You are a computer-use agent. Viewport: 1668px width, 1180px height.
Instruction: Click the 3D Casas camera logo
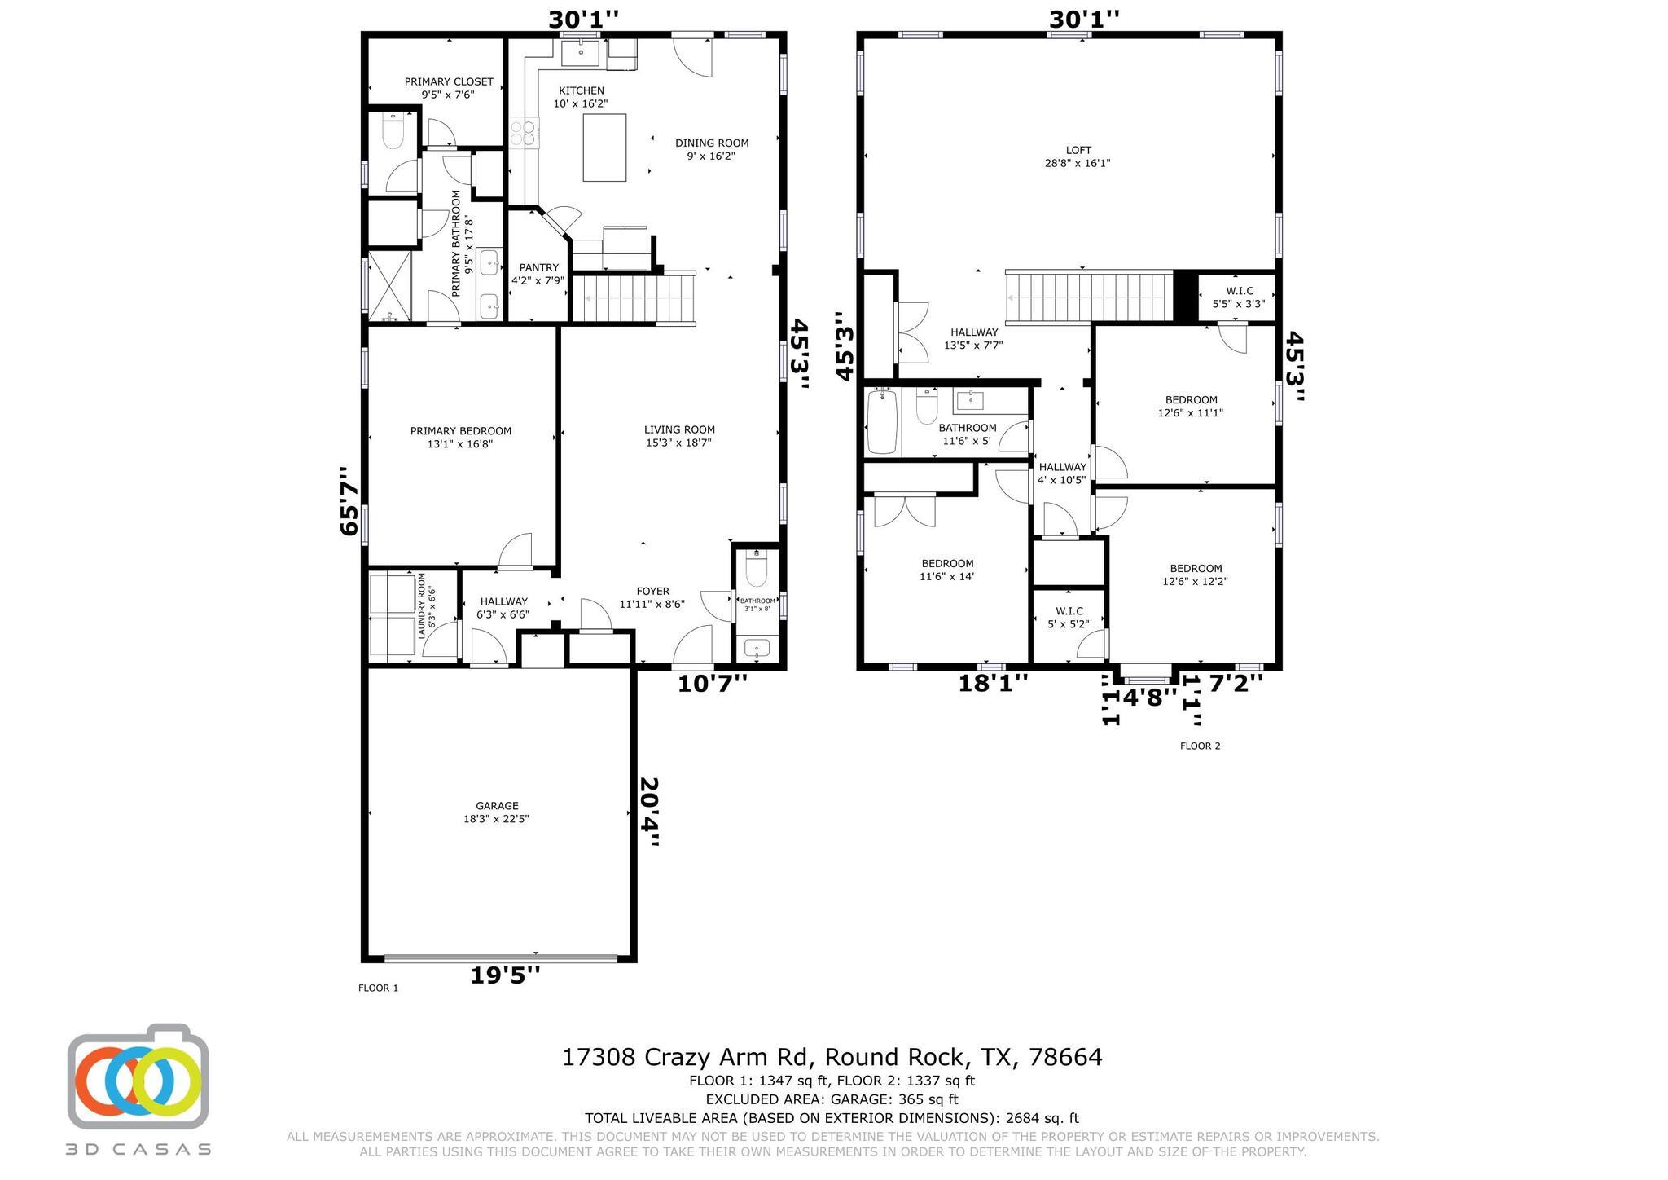(138, 1077)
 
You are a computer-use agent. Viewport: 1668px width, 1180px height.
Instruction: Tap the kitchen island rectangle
(604, 147)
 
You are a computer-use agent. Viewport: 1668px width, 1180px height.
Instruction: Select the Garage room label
(497, 812)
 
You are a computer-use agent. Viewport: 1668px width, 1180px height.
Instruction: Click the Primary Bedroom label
(460, 438)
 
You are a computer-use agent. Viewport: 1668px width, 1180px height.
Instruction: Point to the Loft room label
(1078, 156)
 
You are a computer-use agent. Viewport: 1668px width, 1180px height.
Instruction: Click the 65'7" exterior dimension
(349, 500)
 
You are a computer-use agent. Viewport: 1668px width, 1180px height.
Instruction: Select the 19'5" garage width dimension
(505, 975)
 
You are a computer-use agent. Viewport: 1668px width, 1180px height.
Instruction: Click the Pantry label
(538, 274)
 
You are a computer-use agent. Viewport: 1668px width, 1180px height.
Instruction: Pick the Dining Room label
(711, 149)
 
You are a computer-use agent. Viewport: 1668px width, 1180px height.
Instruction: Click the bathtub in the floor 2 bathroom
(881, 421)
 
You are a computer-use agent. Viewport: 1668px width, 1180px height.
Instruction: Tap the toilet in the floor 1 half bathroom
(756, 570)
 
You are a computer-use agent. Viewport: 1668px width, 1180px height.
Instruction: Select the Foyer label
(652, 597)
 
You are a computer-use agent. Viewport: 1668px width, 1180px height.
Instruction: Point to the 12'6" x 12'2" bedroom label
(1195, 575)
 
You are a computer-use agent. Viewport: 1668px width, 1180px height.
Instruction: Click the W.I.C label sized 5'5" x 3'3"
(1238, 297)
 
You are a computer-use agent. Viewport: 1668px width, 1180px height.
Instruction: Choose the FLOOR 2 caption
(1200, 746)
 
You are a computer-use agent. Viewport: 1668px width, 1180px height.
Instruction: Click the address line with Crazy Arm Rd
(832, 1057)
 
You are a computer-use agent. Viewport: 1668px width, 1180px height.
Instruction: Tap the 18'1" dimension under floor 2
(992, 683)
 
